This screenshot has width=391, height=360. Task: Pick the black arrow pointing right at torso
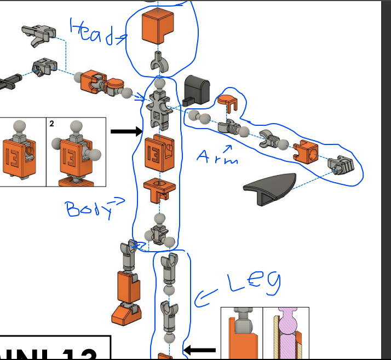point(126,131)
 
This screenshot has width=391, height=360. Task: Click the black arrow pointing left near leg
point(200,350)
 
